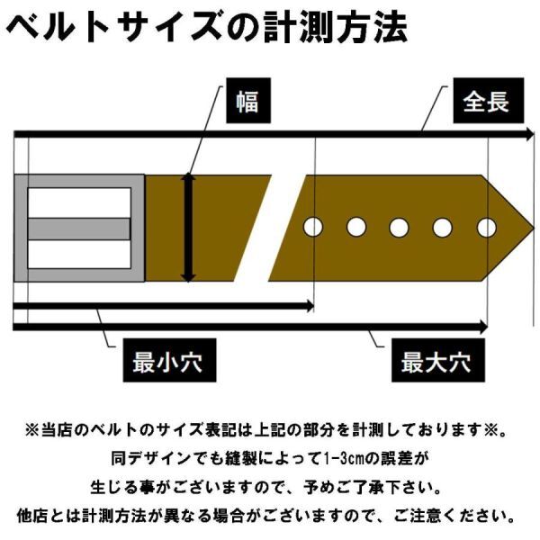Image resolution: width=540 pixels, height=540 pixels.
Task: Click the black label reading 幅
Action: (x=247, y=101)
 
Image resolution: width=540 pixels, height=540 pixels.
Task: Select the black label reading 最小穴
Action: (x=166, y=363)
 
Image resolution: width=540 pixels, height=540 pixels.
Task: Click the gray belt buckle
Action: (x=79, y=227)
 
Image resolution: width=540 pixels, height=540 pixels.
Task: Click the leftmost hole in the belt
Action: (x=313, y=227)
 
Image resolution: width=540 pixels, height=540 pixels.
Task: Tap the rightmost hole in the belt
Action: (x=486, y=227)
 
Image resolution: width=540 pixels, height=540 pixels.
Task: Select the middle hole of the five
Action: (x=400, y=227)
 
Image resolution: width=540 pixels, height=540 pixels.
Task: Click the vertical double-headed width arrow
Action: (x=187, y=228)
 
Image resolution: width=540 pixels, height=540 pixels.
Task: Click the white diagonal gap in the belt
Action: (x=274, y=227)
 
